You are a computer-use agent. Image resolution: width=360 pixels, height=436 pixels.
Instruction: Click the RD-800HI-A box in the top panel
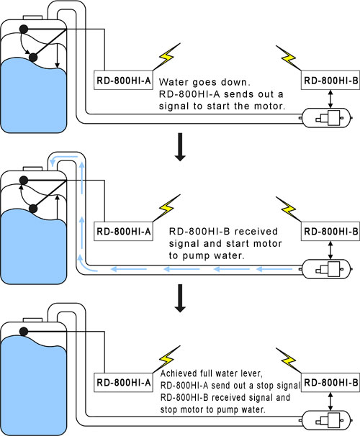[x=124, y=80]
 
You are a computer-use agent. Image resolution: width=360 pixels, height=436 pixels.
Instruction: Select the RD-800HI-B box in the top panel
[x=330, y=80]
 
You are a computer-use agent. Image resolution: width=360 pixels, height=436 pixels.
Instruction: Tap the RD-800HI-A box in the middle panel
[x=124, y=232]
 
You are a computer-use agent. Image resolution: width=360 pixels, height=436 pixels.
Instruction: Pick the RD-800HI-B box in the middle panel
[x=330, y=232]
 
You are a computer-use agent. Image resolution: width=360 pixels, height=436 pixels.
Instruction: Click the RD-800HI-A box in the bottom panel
[x=124, y=383]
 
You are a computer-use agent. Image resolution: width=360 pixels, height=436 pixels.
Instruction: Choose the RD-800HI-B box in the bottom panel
[x=330, y=383]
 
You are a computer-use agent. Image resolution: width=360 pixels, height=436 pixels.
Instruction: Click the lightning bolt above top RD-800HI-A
[x=167, y=56]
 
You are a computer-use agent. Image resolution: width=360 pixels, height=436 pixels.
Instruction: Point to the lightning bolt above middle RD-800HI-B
[x=288, y=209]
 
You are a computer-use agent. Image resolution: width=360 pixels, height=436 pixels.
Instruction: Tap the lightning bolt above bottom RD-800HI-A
[x=167, y=359]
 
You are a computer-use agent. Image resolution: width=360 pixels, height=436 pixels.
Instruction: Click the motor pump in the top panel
[x=326, y=118]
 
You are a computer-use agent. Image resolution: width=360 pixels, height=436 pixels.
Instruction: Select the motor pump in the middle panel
[x=326, y=269]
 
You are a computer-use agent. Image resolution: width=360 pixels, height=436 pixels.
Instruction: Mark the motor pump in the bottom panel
[x=326, y=420]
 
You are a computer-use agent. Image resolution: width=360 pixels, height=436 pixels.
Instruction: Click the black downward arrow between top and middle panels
[x=180, y=147]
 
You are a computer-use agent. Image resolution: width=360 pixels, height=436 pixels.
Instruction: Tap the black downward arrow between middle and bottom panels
[x=180, y=298]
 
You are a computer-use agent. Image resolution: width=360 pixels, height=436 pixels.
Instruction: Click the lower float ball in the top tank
[x=33, y=58]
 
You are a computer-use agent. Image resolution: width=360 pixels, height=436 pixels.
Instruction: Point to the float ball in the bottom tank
[x=24, y=332]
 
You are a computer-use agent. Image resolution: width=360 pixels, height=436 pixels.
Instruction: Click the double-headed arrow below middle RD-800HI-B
[x=330, y=250]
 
